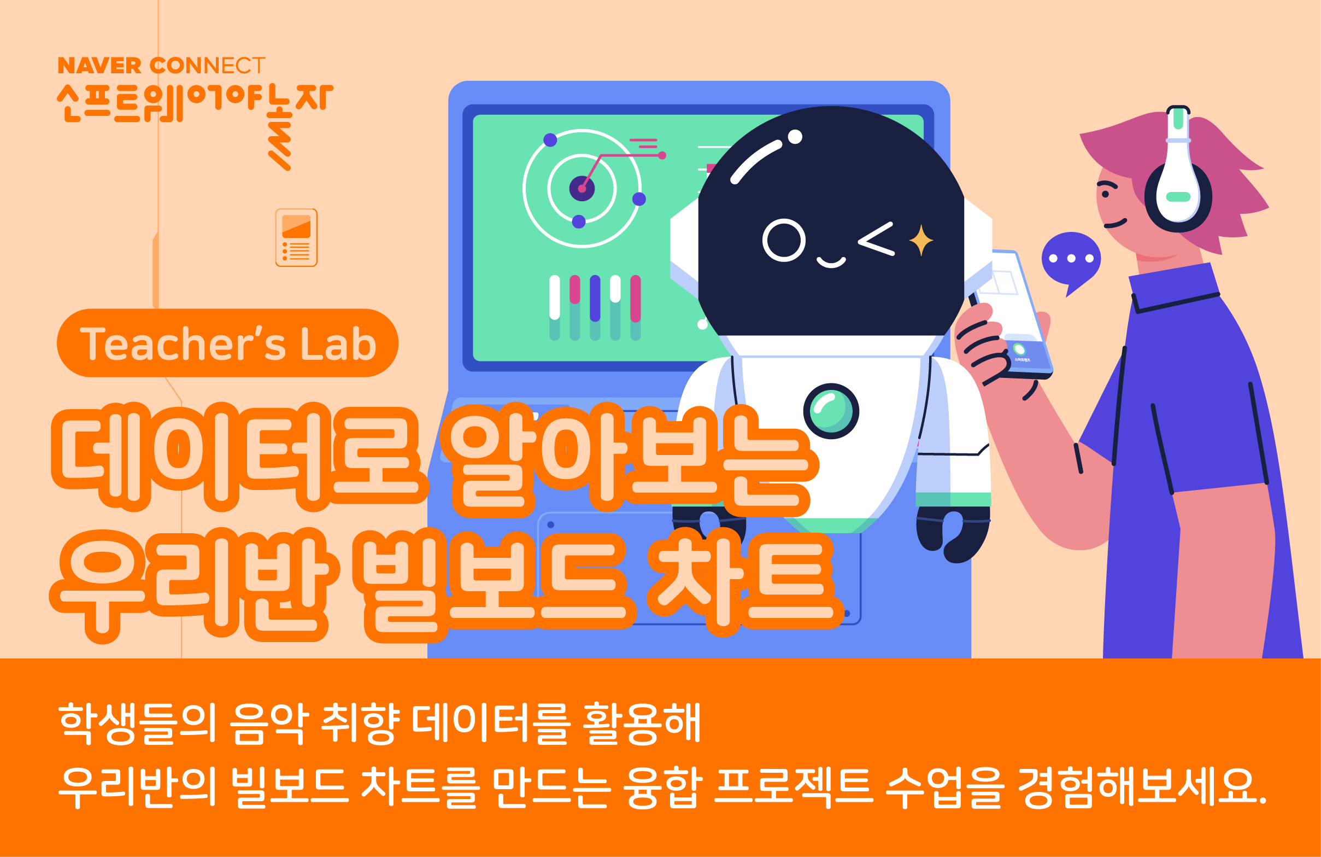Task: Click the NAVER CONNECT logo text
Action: (162, 66)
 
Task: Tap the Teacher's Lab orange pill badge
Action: (227, 343)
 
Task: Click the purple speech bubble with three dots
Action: (1071, 258)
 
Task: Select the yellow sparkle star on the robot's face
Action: (921, 240)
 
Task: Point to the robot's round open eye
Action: (784, 241)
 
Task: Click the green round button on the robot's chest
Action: (831, 411)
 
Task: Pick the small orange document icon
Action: (296, 238)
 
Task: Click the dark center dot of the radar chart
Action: (582, 189)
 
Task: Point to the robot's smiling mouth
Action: (831, 261)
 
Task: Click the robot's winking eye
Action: (877, 239)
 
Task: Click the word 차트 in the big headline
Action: (744, 583)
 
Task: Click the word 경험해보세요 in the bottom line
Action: (1143, 787)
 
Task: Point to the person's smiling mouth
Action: (1115, 224)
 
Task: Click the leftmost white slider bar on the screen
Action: (555, 297)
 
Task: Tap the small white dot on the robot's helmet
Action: (795, 137)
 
